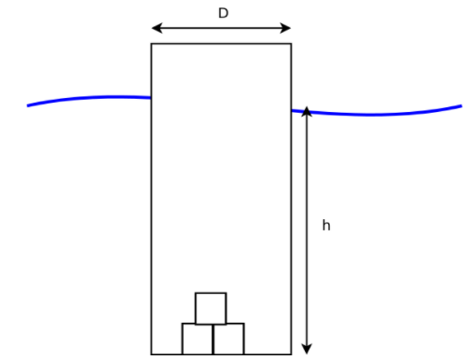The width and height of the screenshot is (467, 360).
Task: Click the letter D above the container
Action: tap(223, 14)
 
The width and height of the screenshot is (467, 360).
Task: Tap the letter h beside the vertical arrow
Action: tap(326, 226)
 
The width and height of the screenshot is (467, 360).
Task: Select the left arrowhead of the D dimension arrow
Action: tap(156, 28)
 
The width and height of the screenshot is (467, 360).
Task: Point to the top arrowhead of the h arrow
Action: tap(307, 112)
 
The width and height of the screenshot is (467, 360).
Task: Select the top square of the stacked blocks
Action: tap(211, 308)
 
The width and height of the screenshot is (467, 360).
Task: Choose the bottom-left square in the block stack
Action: tap(197, 339)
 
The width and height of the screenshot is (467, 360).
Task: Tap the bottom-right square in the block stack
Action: tap(228, 339)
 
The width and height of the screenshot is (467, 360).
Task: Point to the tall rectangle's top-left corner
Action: tap(152, 44)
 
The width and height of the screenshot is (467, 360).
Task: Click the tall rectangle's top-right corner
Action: tap(291, 44)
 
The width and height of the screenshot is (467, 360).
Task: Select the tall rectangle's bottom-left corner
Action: tap(152, 354)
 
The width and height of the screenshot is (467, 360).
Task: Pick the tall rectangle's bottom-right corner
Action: tap(291, 354)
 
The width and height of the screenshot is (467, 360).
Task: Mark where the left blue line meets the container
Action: tap(151, 97)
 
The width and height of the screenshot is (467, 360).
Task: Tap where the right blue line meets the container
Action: tap(292, 110)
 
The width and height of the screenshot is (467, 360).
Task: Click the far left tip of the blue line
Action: tap(28, 105)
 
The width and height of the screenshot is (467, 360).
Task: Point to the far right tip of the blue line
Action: tap(460, 105)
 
